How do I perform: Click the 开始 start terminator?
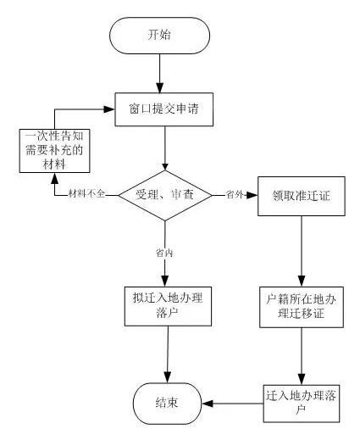(159, 36)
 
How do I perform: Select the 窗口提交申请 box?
(163, 109)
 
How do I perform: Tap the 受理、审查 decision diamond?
(165, 195)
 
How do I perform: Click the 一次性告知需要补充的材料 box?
(54, 151)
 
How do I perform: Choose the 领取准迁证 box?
(302, 196)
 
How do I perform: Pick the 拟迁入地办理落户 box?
(168, 306)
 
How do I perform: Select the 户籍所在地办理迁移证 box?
(302, 307)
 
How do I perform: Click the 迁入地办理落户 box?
(302, 404)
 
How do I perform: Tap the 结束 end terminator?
(168, 404)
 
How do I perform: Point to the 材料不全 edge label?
(87, 194)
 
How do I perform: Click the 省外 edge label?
(235, 194)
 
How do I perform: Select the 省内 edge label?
(164, 253)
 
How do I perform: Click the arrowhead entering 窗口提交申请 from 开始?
(160, 88)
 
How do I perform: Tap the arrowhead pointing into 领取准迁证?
(253, 195)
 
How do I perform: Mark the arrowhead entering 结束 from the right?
(207, 404)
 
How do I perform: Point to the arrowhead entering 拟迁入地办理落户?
(165, 282)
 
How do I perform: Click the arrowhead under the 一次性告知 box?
(54, 178)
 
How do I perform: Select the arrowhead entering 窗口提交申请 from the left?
(109, 109)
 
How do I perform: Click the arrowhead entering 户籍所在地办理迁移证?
(302, 282)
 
